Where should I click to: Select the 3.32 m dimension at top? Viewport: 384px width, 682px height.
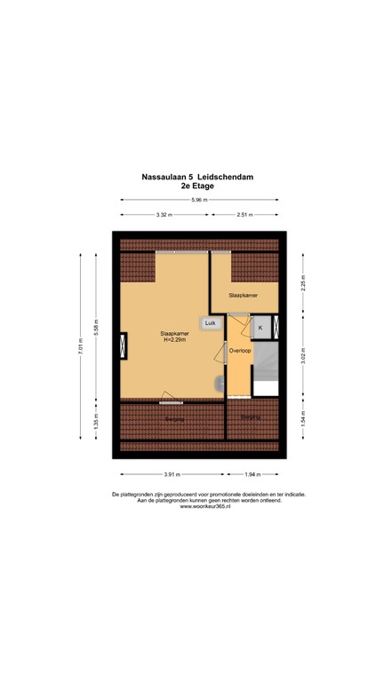coord(163,215)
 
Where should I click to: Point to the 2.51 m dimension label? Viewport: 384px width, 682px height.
coord(244,215)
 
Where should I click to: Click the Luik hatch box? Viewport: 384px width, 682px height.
coord(211,324)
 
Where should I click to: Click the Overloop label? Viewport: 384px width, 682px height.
coord(240,351)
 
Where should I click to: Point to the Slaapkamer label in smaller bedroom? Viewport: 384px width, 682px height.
coord(243,294)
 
